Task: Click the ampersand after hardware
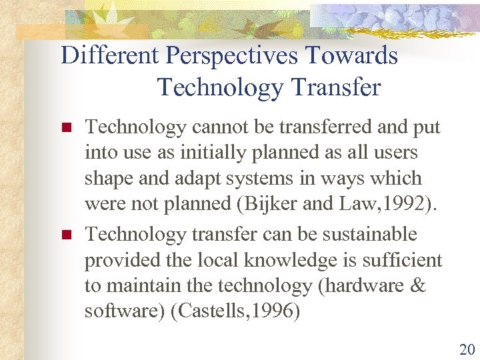click(417, 286)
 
